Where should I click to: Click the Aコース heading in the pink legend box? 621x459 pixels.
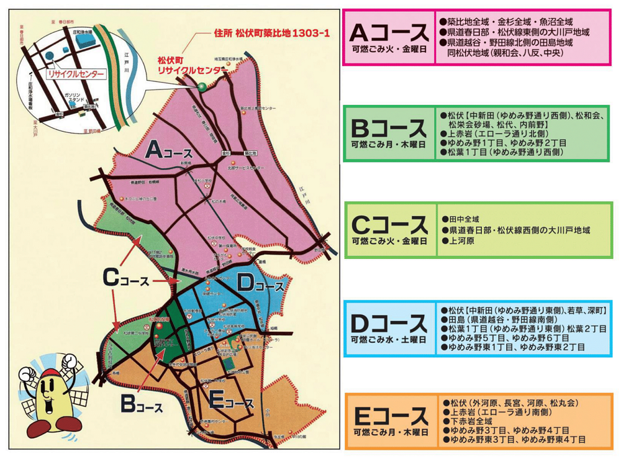[389, 31]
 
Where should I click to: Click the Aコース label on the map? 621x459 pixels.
[171, 150]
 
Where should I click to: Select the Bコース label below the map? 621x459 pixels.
[140, 404]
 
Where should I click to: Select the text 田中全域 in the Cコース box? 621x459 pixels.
[463, 219]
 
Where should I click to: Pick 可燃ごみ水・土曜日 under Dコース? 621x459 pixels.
[389, 340]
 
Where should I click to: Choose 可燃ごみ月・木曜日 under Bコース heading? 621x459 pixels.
[389, 144]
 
